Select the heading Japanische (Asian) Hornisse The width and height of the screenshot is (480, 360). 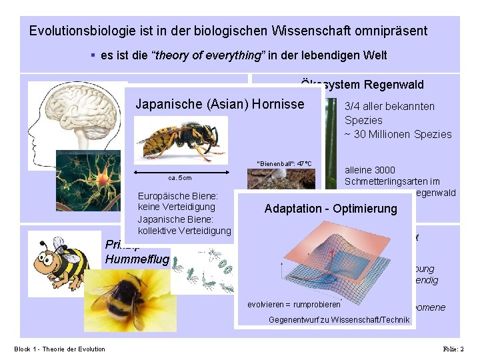(219, 104)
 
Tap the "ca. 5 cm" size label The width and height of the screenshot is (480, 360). (181, 178)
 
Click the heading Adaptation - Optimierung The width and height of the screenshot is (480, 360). (330, 209)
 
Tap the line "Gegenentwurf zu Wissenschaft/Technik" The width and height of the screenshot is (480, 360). (338, 320)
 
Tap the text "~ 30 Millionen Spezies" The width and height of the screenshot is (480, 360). (397, 134)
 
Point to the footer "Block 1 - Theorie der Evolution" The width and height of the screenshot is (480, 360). (59, 349)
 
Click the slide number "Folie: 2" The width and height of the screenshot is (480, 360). (453, 349)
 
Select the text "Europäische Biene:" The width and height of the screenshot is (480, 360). (177, 197)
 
